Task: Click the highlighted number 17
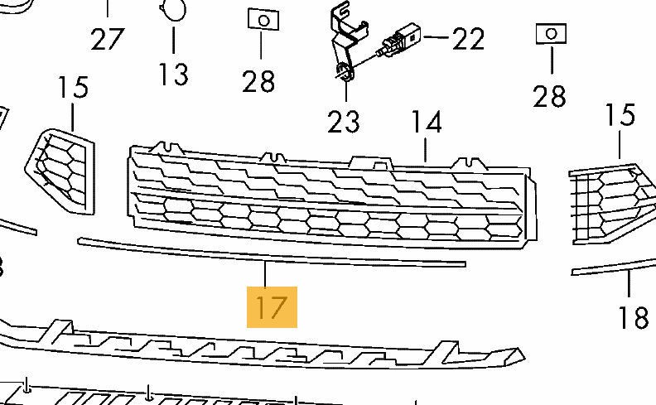tap(272, 307)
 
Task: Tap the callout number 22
tap(469, 39)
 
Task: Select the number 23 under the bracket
tap(344, 122)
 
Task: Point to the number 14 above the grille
tap(427, 122)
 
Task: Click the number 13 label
tap(174, 74)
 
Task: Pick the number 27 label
tap(108, 39)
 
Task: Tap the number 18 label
tap(634, 317)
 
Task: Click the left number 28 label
tap(258, 81)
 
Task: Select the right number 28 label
tap(549, 95)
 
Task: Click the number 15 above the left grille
tap(73, 87)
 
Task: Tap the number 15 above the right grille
tap(620, 114)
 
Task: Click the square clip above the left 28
tap(263, 20)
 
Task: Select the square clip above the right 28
tap(551, 34)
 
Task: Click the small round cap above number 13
tap(173, 9)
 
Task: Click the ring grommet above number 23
tap(345, 72)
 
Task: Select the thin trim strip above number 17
tap(272, 253)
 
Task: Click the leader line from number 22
tap(436, 37)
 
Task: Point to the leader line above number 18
tap(629, 284)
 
